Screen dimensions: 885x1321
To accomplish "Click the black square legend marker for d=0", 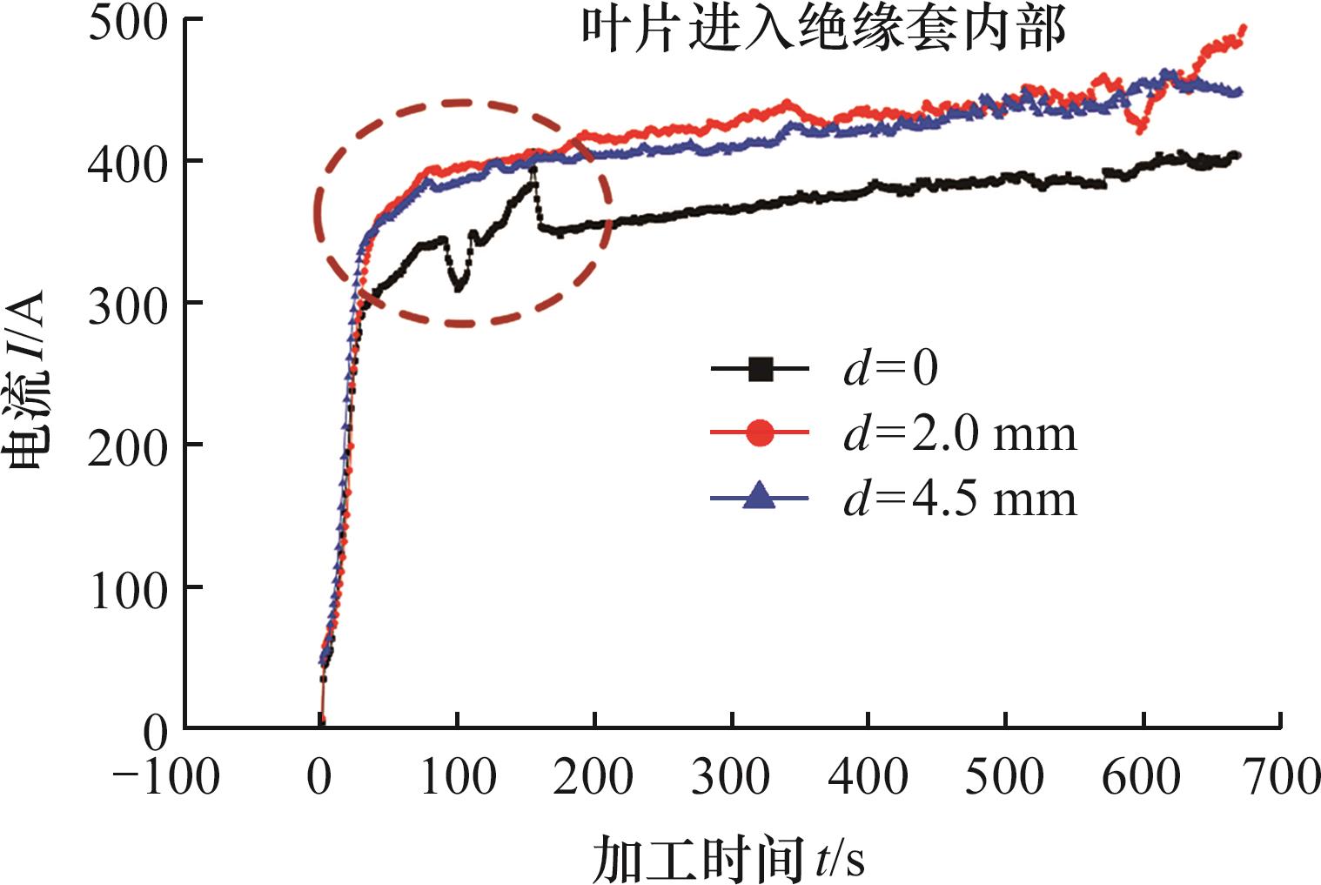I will (760, 369).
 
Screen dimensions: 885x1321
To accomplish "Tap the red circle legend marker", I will (760, 433).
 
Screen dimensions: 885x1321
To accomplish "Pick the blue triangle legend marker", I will (760, 497).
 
